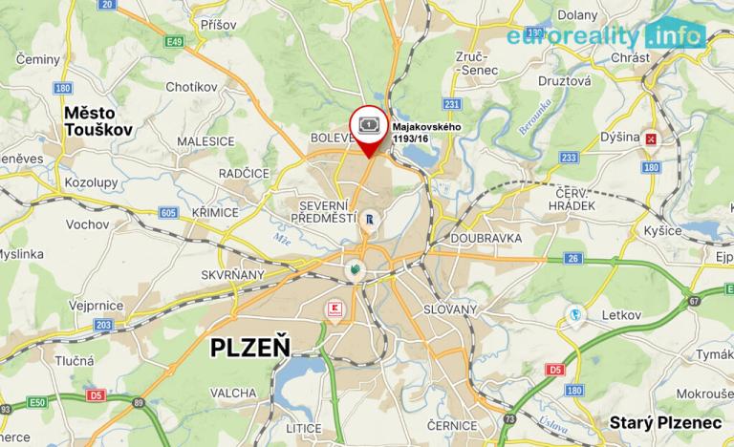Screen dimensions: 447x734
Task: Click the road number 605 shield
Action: click(x=169, y=212)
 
